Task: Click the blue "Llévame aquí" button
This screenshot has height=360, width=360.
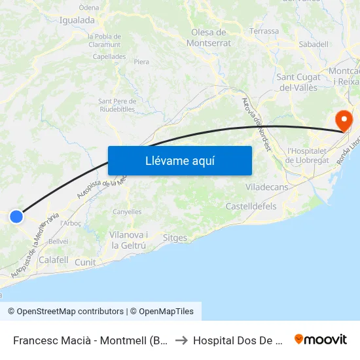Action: coord(179,160)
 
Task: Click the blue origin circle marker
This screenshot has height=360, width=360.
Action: coord(16,217)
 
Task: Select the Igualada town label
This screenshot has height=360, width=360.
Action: coord(77,20)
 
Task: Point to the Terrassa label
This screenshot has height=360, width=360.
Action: coord(264,31)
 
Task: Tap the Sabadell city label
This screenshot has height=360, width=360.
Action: coord(313,44)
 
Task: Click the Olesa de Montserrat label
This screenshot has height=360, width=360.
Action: coord(209,37)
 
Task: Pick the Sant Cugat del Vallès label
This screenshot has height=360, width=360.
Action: coord(297,82)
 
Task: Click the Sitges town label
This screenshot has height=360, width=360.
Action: coord(175,238)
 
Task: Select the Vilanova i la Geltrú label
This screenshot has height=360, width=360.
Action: coord(129,240)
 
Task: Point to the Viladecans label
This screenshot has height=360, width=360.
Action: coord(266,187)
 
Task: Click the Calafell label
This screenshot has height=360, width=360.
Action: coord(54,260)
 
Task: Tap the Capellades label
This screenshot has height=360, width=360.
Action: coord(109,56)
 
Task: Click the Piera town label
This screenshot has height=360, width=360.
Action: coord(141,62)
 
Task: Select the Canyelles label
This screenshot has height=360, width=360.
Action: coord(127,211)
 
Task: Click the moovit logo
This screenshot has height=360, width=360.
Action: coord(321,340)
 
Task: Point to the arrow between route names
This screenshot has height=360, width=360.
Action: coord(181,340)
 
